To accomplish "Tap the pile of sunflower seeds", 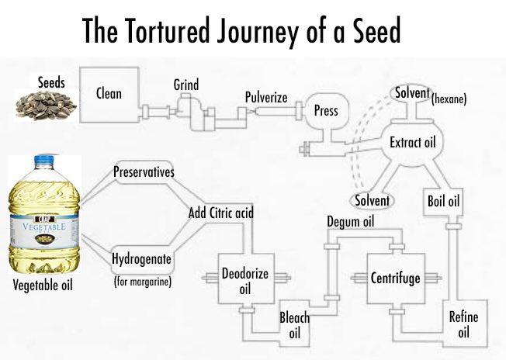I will tap(45, 104).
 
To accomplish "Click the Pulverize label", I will tap(266, 98).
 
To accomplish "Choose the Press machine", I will tap(326, 111).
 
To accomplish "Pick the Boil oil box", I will tap(444, 201).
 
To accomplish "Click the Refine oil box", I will tap(464, 324).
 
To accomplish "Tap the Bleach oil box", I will tap(294, 325).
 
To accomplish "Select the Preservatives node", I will tap(144, 171).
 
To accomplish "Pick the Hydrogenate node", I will tap(143, 258).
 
